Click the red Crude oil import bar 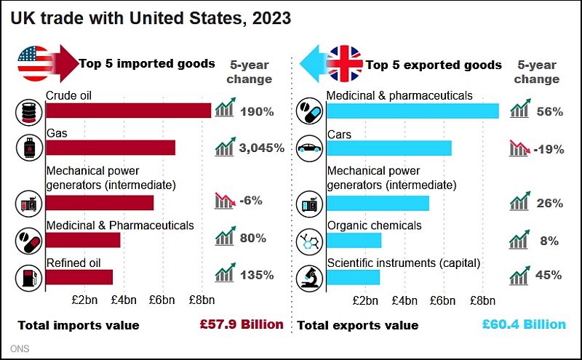tap(128, 111)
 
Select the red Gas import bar tap(111, 148)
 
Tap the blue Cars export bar tap(389, 148)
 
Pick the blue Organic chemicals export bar tap(354, 240)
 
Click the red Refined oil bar tap(79, 276)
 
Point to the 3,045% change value tap(261, 148)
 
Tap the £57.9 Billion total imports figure tap(242, 324)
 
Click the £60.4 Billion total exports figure tap(524, 324)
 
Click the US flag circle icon tap(33, 63)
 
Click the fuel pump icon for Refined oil tap(28, 277)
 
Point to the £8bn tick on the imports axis tap(202, 300)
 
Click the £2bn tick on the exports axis tap(364, 300)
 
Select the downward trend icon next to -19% tap(519, 148)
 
